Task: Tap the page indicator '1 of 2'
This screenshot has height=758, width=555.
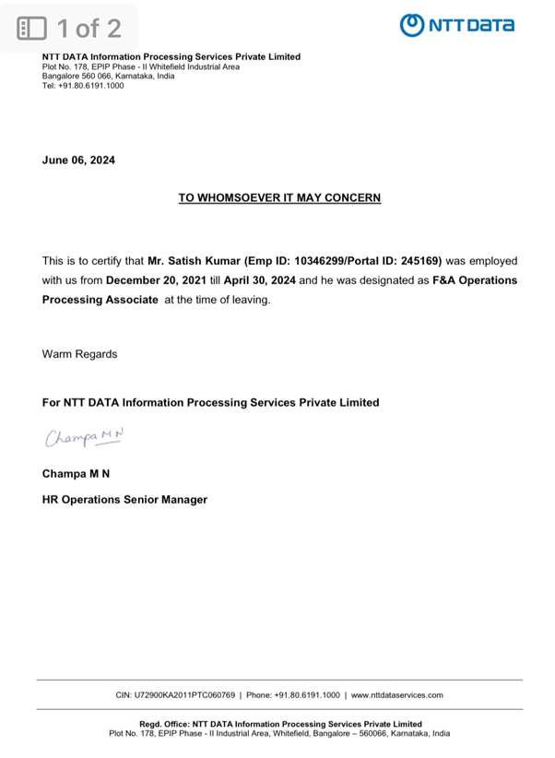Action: (71, 27)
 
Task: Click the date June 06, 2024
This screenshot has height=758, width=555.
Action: (79, 160)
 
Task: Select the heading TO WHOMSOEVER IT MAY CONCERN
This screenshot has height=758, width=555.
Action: (279, 197)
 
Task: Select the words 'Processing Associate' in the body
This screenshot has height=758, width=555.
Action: (100, 300)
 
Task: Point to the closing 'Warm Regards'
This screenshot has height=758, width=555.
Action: (79, 353)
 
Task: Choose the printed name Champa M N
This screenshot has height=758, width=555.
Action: (77, 475)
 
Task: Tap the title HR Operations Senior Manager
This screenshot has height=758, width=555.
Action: (124, 500)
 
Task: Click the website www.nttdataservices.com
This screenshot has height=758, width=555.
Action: (398, 694)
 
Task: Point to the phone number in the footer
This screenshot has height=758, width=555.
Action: (307, 694)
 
